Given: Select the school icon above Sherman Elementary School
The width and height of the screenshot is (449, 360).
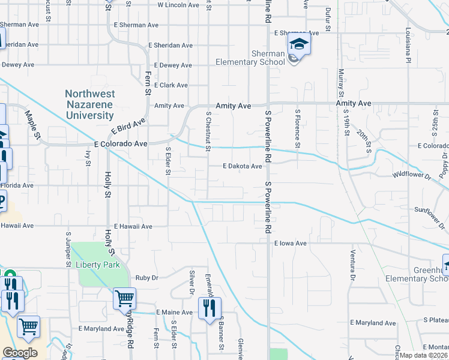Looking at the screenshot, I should click(x=298, y=44).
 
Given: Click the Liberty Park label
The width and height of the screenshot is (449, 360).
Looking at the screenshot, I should click(x=98, y=265).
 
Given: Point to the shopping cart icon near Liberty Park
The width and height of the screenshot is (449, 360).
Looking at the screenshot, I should click(x=124, y=297).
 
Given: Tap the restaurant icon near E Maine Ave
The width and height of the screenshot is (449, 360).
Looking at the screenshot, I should click(x=209, y=308).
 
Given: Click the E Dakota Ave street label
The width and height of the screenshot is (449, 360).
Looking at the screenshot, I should click(x=243, y=166).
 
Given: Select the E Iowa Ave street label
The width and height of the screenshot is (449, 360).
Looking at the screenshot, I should click(x=291, y=244).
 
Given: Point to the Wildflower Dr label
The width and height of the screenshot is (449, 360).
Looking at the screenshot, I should click(x=412, y=176).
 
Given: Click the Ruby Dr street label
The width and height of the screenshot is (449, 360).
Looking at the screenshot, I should click(x=146, y=278).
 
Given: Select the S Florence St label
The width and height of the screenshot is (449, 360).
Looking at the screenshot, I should click(x=297, y=128).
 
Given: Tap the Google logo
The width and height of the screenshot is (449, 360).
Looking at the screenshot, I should click(x=20, y=353).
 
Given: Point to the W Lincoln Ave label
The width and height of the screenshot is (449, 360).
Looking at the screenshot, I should click(x=178, y=5).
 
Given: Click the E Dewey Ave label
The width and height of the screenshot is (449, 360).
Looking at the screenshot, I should click(x=173, y=65).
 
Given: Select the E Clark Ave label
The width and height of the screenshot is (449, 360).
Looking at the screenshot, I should click(x=170, y=85).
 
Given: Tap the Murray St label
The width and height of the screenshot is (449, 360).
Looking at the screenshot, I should click(x=340, y=83).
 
